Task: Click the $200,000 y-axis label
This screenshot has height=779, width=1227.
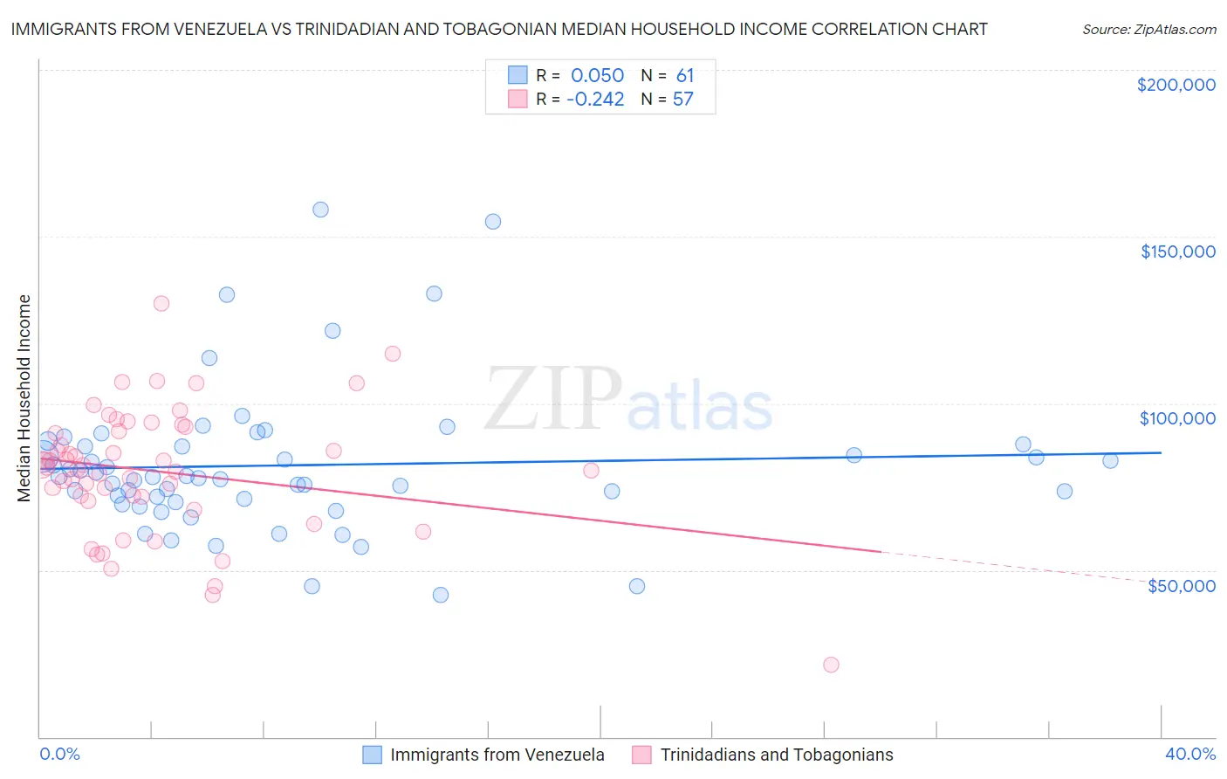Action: (x=1176, y=85)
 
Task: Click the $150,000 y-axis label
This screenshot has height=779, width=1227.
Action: (x=1177, y=252)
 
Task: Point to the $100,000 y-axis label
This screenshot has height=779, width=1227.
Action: (x=1177, y=418)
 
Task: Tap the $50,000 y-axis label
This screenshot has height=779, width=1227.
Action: (x=1181, y=585)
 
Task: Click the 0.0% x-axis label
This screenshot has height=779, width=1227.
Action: (x=59, y=754)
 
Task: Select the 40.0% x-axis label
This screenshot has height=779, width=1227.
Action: (x=1189, y=754)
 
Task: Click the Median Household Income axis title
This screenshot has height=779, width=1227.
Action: (x=24, y=398)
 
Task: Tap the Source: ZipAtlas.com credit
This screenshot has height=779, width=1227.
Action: (x=1148, y=29)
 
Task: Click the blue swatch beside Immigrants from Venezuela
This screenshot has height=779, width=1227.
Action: (x=373, y=755)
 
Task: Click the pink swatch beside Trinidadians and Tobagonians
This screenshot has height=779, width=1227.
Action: (x=642, y=755)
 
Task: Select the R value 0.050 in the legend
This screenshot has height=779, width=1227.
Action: (x=597, y=75)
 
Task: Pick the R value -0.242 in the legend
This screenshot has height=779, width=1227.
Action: (x=595, y=100)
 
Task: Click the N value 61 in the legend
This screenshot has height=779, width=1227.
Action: (x=684, y=75)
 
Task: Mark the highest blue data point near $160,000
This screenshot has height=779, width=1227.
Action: (x=320, y=210)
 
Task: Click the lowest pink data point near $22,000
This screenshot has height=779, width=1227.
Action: (x=831, y=665)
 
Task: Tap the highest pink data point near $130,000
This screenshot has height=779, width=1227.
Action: (x=161, y=304)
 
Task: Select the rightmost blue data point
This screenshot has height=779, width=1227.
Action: (x=1110, y=460)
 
